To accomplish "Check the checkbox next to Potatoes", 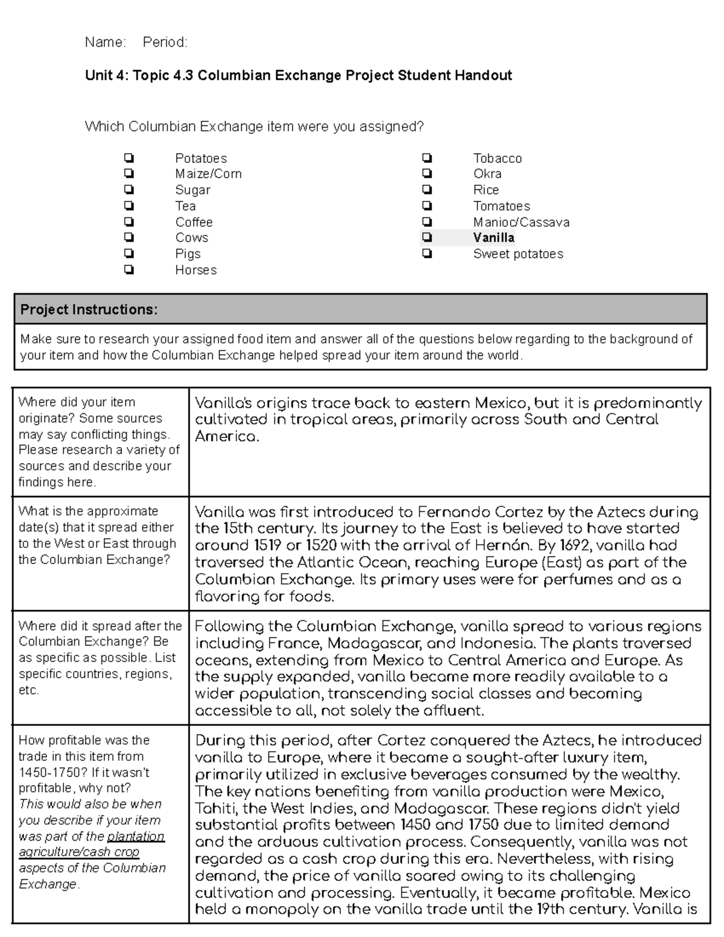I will pyautogui.click(x=129, y=158).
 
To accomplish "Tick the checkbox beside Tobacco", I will pyautogui.click(x=427, y=158).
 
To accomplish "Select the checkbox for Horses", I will pyautogui.click(x=129, y=270).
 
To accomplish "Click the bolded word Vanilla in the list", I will pyautogui.click(x=494, y=238).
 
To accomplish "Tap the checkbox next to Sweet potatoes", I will pyautogui.click(x=427, y=254).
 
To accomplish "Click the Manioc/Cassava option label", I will pyautogui.click(x=521, y=222).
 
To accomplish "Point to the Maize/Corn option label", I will pyautogui.click(x=208, y=174).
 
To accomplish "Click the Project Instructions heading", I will pyautogui.click(x=89, y=310).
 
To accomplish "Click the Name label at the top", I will pyautogui.click(x=105, y=42).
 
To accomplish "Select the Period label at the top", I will pyautogui.click(x=165, y=42).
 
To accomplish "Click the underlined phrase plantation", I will pyautogui.click(x=136, y=836).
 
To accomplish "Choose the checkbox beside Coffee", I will pyautogui.click(x=129, y=222).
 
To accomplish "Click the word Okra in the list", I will pyautogui.click(x=487, y=174).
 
